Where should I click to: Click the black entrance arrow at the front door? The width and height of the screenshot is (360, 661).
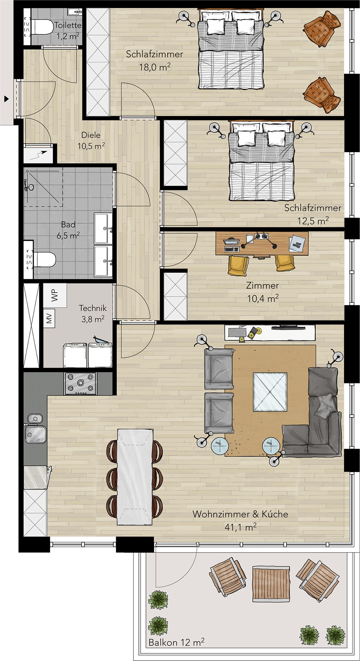pyautogui.click(x=6, y=99)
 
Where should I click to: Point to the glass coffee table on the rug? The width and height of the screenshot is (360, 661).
pyautogui.click(x=270, y=392)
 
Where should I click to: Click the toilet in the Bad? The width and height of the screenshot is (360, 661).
pyautogui.click(x=44, y=260)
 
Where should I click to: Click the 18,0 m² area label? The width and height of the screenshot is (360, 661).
pyautogui.click(x=155, y=67)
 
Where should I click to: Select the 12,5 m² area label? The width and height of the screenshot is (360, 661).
pyautogui.click(x=313, y=220)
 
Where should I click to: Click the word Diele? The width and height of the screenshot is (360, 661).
pyautogui.click(x=91, y=135)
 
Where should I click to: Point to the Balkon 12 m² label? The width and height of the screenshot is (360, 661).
pyautogui.click(x=177, y=642)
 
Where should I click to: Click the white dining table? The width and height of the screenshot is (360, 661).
pyautogui.click(x=135, y=476)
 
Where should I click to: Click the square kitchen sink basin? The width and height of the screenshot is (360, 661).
pyautogui.click(x=35, y=434)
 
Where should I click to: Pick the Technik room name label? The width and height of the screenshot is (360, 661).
pyautogui.click(x=93, y=308)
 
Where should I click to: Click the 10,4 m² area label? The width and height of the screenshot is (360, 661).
pyautogui.click(x=263, y=298)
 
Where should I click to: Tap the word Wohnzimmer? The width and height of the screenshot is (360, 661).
pyautogui.click(x=221, y=514)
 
